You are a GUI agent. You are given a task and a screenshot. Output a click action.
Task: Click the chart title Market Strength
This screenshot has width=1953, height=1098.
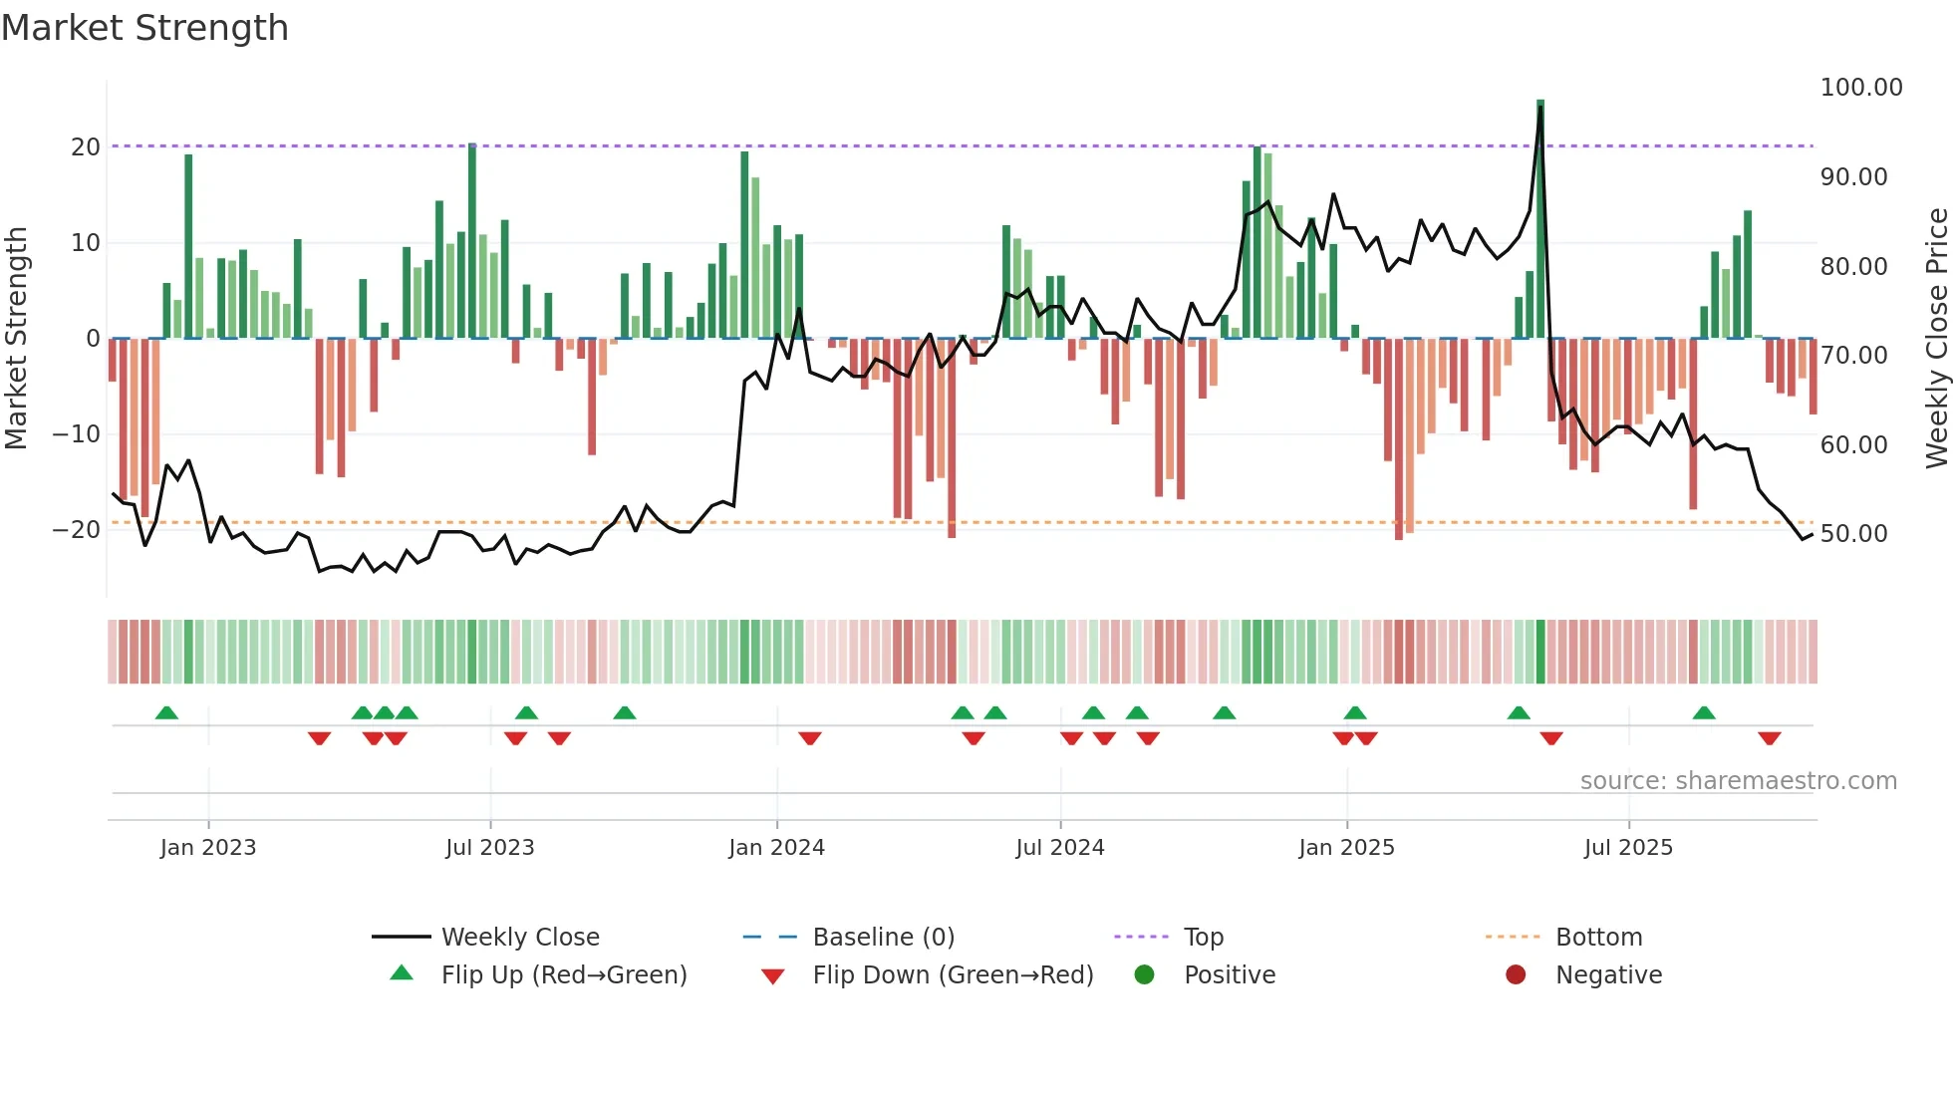tap(144, 28)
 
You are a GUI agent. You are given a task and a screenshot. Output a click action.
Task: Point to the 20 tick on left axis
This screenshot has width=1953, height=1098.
tap(86, 147)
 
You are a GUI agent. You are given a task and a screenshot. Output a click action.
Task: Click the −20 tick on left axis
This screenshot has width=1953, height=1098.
tap(77, 530)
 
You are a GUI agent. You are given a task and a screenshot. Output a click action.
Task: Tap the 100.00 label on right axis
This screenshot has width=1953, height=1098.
tap(1860, 88)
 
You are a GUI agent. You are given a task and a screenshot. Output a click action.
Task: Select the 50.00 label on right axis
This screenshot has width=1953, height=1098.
tap(1853, 534)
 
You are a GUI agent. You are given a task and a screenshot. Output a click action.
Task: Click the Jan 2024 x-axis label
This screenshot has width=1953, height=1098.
tap(776, 848)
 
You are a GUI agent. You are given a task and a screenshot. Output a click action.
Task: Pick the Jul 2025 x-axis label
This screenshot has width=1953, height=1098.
tap(1628, 848)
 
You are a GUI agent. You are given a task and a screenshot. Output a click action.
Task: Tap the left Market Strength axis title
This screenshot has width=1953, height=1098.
tap(16, 339)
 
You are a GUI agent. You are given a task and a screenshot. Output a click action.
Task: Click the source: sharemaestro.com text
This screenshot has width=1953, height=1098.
tap(1738, 781)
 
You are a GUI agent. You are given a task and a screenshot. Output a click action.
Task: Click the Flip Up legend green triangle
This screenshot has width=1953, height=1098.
tap(402, 973)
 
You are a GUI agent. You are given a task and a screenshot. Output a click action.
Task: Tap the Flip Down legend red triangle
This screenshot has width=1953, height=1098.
tap(772, 976)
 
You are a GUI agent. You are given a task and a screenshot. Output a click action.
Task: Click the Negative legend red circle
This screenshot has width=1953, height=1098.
tap(1516, 975)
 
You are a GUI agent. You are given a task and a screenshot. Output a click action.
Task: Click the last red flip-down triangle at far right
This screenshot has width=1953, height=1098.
tap(1770, 738)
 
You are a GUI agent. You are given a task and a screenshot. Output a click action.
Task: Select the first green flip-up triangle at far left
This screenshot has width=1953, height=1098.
tap(167, 712)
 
